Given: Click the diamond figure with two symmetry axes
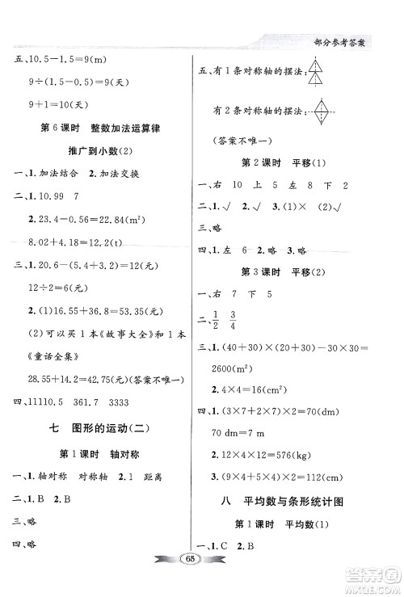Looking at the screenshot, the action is [322, 111].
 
